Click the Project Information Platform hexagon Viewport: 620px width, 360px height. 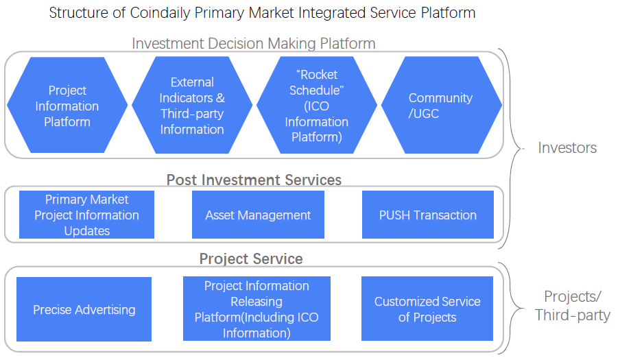coord(67,105)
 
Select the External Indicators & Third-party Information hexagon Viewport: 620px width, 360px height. coord(192,105)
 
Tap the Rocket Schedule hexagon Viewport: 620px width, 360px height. coord(317,105)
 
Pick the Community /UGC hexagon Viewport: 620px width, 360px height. coord(441,105)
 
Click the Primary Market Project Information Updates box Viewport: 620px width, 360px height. coord(86,215)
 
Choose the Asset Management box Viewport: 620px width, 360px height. coord(258,215)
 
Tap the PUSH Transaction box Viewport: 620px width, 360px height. coord(428,215)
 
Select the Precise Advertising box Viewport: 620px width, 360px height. coord(84,309)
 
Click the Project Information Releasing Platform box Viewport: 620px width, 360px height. coord(257,309)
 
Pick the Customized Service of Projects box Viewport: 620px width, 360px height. coord(427,309)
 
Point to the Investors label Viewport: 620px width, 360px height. coord(567,148)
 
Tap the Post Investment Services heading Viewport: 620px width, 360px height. coord(254,180)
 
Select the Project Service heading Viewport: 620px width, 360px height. coord(251,259)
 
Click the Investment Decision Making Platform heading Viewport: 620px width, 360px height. coord(254,43)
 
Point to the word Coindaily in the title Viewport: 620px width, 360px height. coord(160,12)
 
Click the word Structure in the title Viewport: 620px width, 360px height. coord(79,12)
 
